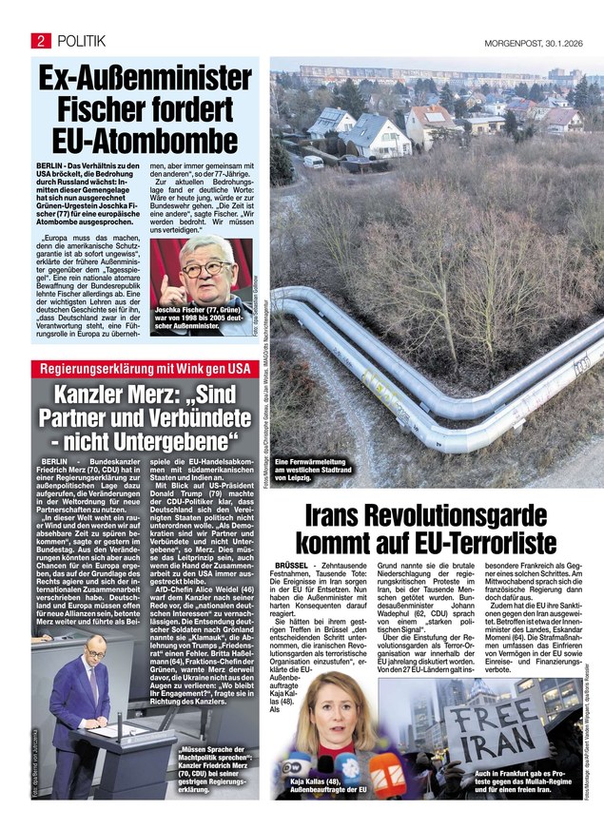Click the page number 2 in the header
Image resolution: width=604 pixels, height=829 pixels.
[x=42, y=40]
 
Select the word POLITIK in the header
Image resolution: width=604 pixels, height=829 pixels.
[x=81, y=40]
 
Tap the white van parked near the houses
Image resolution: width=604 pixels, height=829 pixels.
[x=313, y=161]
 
